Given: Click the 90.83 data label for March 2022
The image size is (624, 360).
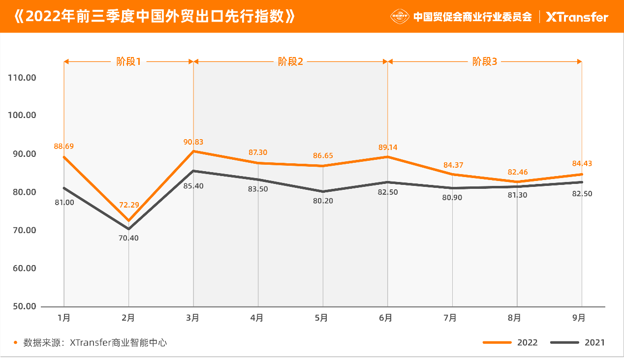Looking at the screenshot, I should tap(193, 142).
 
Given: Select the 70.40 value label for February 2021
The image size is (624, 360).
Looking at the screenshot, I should tap(128, 238).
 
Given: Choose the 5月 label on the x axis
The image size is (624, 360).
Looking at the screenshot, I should tap(321, 318).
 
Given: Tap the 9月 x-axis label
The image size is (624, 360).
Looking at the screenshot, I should tap(579, 318).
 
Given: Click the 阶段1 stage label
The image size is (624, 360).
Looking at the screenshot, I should tap(128, 61).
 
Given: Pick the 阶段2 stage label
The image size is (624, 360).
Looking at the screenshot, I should tap(290, 61).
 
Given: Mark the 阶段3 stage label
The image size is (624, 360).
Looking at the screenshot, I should tap(485, 61).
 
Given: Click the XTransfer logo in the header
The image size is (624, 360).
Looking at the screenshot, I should tap(577, 17).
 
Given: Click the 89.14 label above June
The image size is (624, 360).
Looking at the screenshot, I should tap(387, 147).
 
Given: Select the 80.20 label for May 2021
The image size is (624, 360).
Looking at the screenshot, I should tap(323, 201).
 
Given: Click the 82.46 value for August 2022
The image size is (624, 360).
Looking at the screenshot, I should tap(517, 172).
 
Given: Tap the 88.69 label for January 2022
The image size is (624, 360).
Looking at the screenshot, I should tap(63, 146).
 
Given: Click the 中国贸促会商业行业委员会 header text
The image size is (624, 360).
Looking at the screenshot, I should tap(472, 17).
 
